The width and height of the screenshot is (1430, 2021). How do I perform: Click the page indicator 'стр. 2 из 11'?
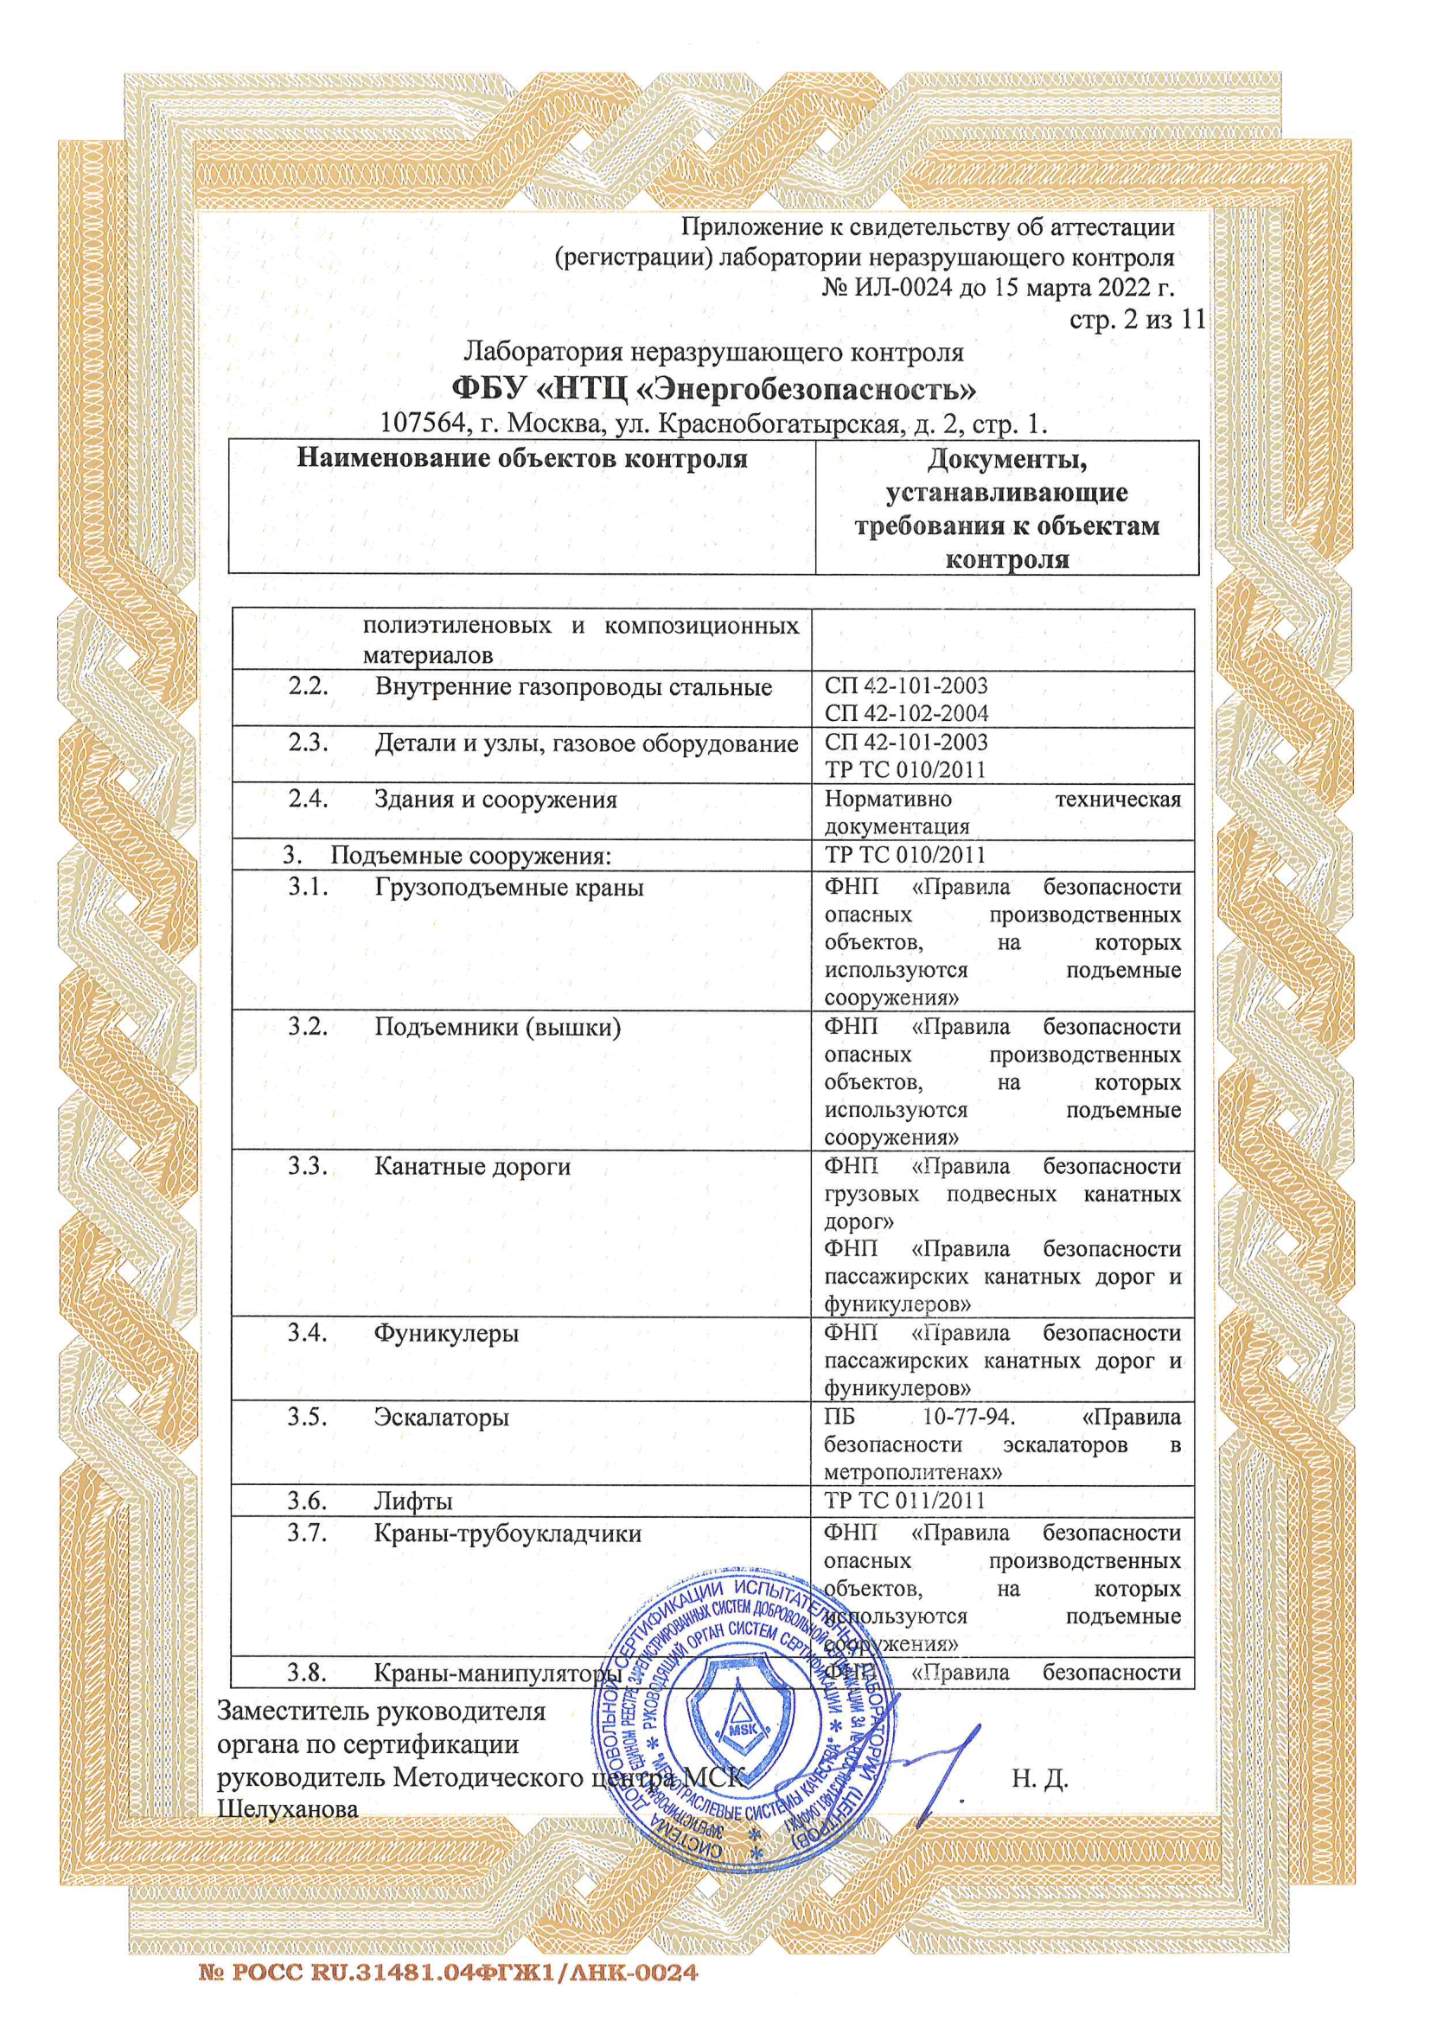click(x=1137, y=320)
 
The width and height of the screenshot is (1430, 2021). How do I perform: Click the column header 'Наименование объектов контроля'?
click(x=521, y=459)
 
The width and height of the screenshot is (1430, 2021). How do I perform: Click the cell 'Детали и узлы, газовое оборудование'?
click(x=585, y=743)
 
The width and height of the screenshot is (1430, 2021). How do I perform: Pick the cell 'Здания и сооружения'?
click(x=495, y=800)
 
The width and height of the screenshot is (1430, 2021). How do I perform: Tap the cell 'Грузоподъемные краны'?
click(x=508, y=887)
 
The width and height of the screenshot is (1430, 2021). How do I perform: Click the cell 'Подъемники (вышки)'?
click(x=497, y=1027)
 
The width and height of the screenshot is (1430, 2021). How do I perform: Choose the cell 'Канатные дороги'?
click(x=472, y=1167)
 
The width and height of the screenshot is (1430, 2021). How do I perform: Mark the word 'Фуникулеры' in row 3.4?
click(x=446, y=1334)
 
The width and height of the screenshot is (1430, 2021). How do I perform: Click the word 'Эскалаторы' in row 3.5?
click(x=441, y=1418)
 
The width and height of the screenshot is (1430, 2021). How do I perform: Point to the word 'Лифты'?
click(x=413, y=1501)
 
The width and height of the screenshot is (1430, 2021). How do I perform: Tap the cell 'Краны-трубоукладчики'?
click(x=508, y=1534)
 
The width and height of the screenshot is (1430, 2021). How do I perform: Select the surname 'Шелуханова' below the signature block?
click(x=288, y=1810)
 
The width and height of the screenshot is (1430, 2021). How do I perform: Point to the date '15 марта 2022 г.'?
click(x=1085, y=288)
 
